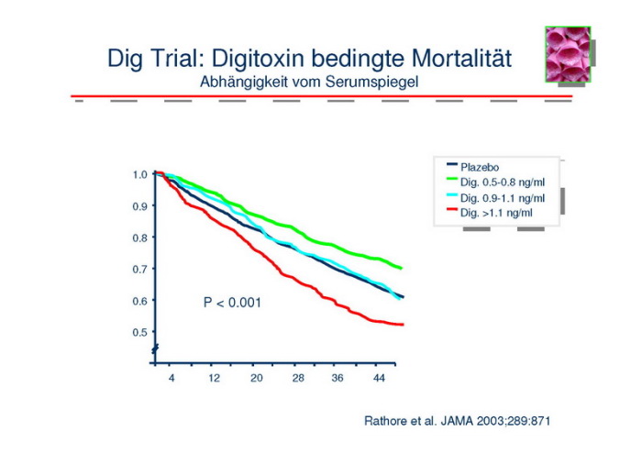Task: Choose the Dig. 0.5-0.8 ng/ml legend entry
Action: coord(502,182)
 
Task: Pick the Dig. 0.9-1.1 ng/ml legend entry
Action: coord(502,197)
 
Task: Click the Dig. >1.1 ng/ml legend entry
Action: coord(495,213)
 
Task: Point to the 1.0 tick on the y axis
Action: coord(139,174)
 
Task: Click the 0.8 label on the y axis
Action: coord(139,238)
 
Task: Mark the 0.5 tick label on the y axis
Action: coord(139,332)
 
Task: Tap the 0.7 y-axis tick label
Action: coord(139,269)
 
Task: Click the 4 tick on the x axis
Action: coord(172,378)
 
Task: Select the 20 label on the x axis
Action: coord(256,378)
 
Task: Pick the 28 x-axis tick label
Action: coord(297,378)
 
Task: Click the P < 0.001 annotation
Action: coord(232,302)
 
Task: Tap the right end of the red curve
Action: coord(403,325)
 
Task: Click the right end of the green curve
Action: coord(402,268)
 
